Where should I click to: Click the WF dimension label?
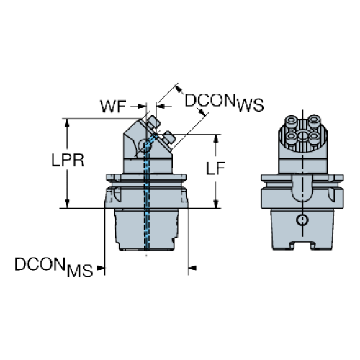113,107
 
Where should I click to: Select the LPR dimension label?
68,161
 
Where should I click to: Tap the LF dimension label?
215,168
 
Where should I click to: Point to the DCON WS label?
224,102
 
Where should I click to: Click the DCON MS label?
54,267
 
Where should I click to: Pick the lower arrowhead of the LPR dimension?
67,204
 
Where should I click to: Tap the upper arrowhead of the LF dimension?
216,139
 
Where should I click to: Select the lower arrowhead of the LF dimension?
216,204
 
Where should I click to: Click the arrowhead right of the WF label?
142,106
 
